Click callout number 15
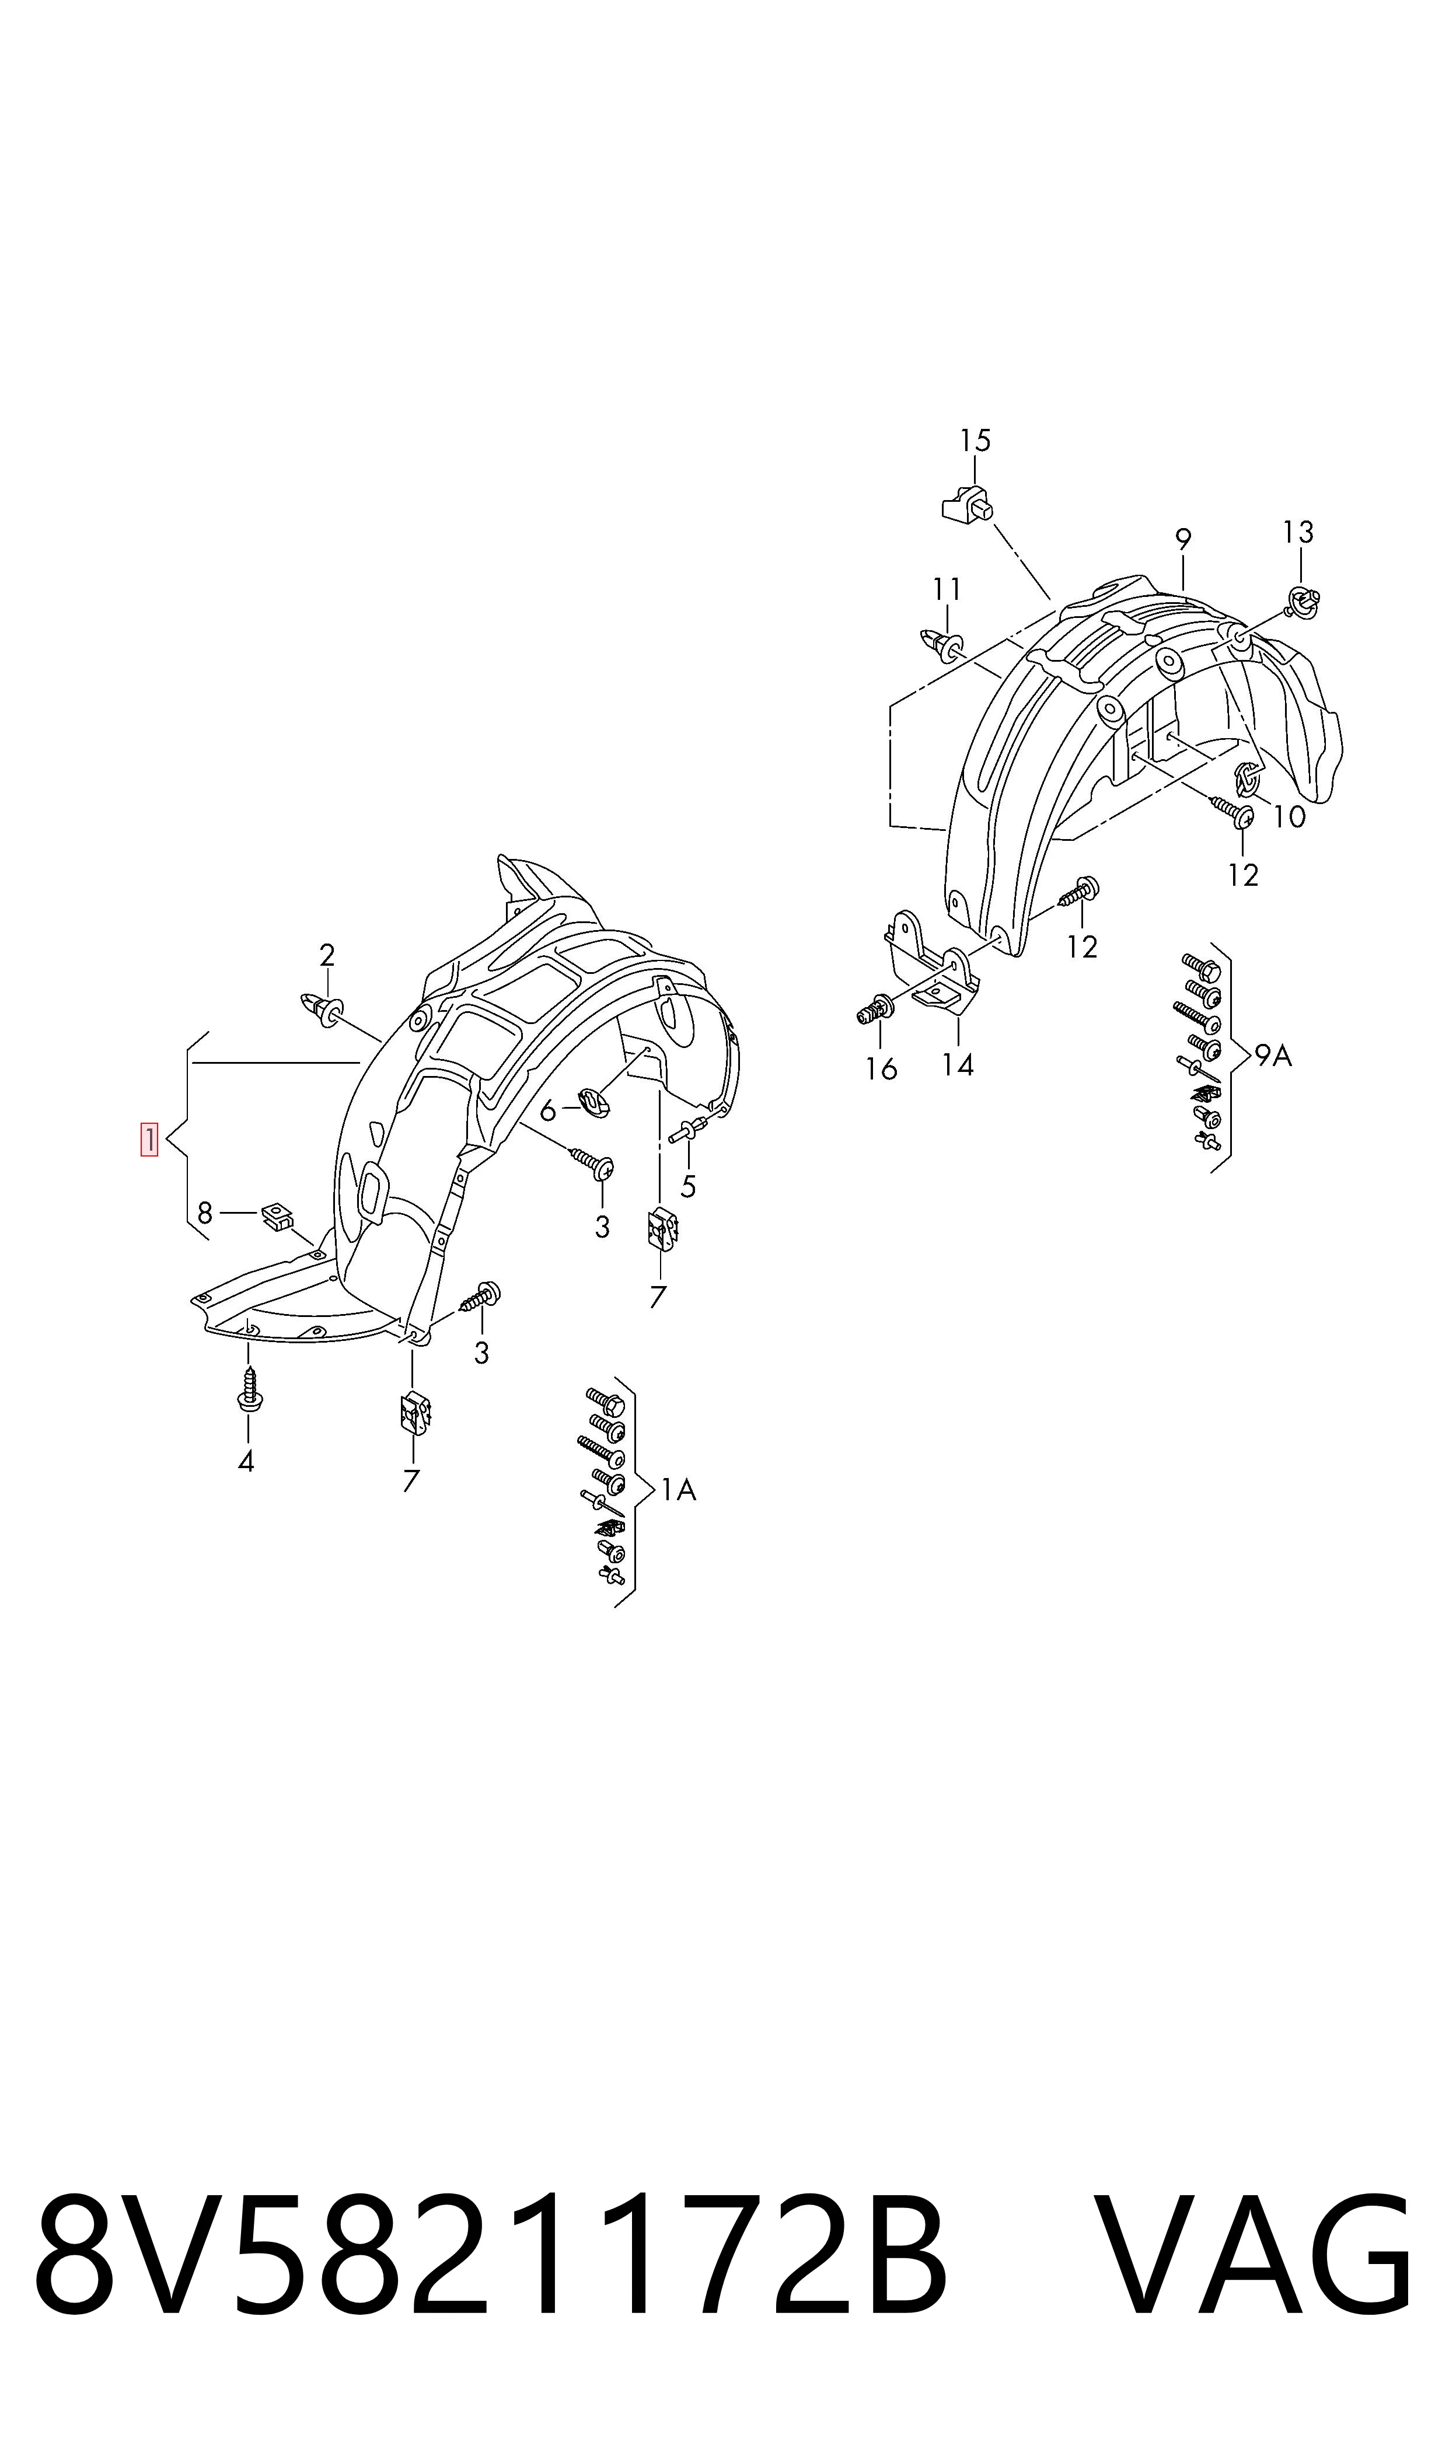[975, 441]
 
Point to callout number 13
[1298, 532]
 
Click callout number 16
[881, 1070]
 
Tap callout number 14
[958, 1065]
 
